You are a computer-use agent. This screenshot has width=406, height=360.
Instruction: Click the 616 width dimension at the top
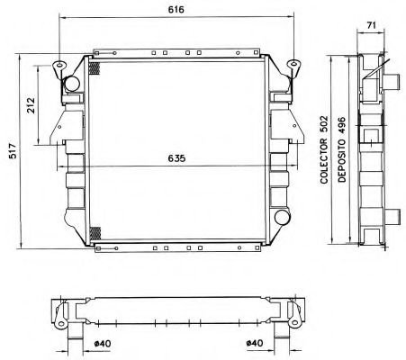pos(176,8)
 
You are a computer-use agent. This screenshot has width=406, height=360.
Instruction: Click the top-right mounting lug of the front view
pos(294,65)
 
